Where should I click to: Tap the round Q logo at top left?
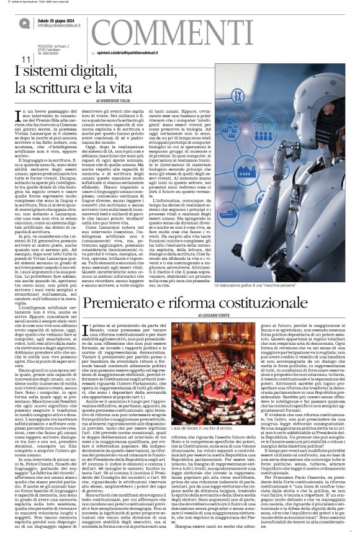coord(24,22)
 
